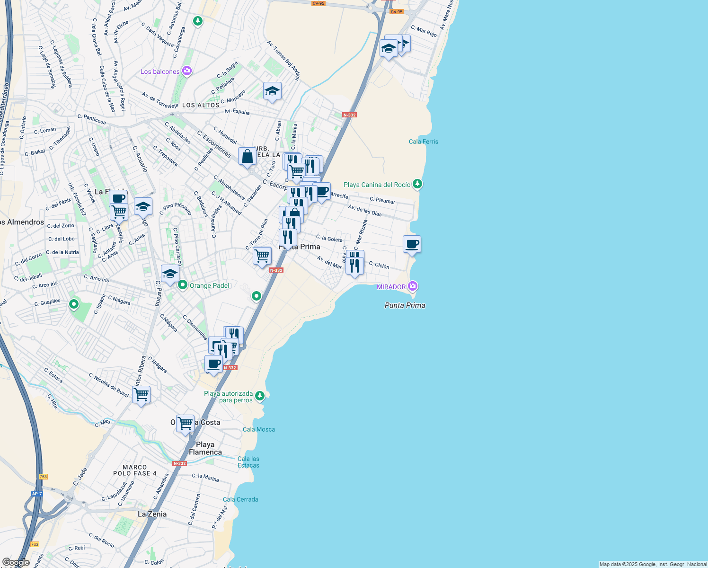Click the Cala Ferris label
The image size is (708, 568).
[x=423, y=142]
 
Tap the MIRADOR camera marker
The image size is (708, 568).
[x=413, y=286]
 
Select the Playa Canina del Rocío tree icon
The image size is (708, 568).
[x=417, y=184]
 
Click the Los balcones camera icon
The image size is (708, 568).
[x=186, y=71]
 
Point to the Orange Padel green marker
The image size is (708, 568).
[x=183, y=285]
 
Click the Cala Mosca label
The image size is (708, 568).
[x=258, y=429]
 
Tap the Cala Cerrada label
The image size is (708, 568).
[x=240, y=499]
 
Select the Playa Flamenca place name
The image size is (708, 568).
[x=205, y=448]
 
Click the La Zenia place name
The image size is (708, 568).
[x=152, y=514]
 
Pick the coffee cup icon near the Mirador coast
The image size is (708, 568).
[x=412, y=244]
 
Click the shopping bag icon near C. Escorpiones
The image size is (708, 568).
[x=247, y=156]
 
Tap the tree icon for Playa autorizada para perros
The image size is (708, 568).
[x=259, y=395]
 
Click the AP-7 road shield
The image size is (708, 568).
[x=37, y=494]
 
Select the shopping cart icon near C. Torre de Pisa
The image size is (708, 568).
[x=262, y=256]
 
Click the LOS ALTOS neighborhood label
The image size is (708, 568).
[x=201, y=105]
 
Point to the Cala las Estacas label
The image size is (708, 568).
[x=248, y=462]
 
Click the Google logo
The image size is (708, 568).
[x=16, y=562]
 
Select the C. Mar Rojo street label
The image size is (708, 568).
[x=424, y=31]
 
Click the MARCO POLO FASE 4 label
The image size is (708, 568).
[x=134, y=470]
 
